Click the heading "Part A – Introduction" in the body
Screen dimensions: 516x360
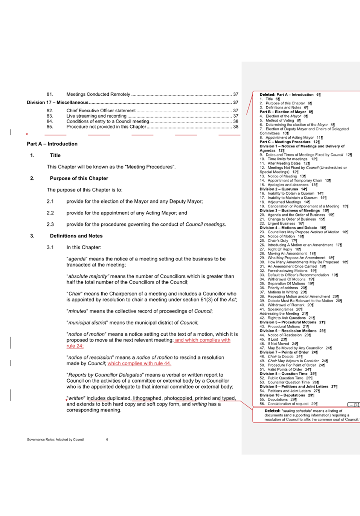click(x=52, y=144)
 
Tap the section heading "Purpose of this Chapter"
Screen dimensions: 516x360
click(x=79, y=178)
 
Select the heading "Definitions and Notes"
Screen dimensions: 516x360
click(x=76, y=236)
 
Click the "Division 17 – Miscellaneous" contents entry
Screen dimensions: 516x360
click(x=57, y=103)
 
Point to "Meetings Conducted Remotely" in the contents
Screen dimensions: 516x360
click(x=98, y=94)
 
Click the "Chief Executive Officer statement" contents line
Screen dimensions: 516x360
click(x=101, y=111)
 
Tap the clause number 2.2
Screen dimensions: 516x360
click(x=50, y=213)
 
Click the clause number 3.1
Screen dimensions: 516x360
click(x=50, y=248)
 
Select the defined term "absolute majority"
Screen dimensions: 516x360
click(x=88, y=276)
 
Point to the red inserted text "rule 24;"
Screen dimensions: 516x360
click(x=75, y=346)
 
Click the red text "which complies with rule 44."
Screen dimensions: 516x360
click(x=139, y=363)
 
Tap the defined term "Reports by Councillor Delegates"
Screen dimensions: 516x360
click(x=105, y=375)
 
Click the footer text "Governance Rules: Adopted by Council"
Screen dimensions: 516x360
click(x=55, y=439)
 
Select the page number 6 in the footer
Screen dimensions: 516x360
click(x=107, y=439)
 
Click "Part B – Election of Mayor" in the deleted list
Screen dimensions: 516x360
click(x=282, y=112)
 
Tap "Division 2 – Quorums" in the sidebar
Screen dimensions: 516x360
click(x=278, y=189)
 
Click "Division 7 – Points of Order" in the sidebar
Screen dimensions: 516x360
click(x=284, y=352)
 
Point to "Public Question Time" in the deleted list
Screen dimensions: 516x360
click(x=285, y=378)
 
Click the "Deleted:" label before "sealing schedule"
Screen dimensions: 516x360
click(x=272, y=411)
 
